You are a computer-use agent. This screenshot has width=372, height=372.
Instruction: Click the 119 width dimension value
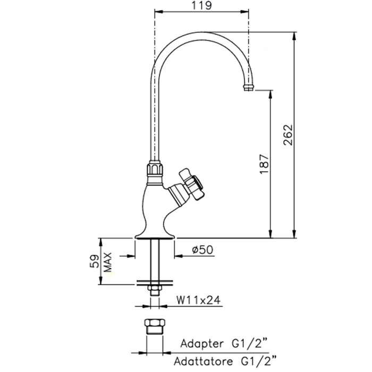click(201, 5)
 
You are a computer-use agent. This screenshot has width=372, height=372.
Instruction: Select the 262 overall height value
click(289, 135)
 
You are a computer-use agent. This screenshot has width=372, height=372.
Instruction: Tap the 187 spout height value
click(265, 164)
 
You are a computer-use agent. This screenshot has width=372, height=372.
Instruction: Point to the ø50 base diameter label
click(202, 250)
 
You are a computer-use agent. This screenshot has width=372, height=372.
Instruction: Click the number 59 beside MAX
click(95, 261)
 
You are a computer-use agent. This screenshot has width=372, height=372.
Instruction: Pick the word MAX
click(108, 262)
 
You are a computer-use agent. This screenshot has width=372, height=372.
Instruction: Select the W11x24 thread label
click(198, 300)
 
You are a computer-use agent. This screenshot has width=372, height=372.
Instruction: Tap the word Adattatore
click(204, 362)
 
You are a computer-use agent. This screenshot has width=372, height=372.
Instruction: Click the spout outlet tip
click(249, 87)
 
